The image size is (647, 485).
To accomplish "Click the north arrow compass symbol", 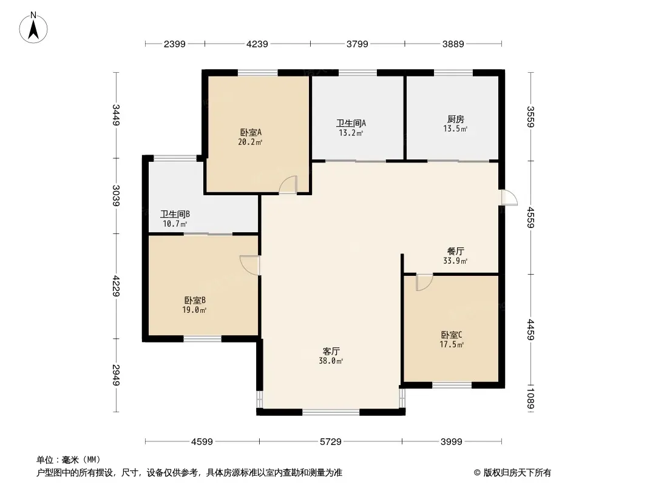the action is point(33,27).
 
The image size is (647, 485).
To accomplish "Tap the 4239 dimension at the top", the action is point(257,44).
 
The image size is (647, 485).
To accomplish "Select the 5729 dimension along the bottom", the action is point(331,442).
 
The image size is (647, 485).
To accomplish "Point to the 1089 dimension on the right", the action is point(530,398).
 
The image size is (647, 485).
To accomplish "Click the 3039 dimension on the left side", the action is point(116,196).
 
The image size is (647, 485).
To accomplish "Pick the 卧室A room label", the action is point(251,133).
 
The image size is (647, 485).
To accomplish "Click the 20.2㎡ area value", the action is point(250,142).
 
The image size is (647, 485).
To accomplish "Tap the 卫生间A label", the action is point(351,123).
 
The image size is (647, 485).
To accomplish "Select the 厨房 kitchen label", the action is point(456,119).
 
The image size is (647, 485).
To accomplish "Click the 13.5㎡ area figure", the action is point(455,129).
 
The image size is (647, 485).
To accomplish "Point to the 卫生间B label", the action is point(175,214).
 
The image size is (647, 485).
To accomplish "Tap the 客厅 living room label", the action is point(331,352).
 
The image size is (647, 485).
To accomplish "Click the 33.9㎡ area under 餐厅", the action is point(455,261).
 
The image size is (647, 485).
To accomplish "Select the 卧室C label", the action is point(452,335).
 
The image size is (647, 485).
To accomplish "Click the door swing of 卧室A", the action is point(288,184).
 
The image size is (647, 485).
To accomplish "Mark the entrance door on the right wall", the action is point(509,198).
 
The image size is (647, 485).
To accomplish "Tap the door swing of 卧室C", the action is point(424,283).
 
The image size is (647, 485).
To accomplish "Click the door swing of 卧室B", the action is point(249,265).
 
